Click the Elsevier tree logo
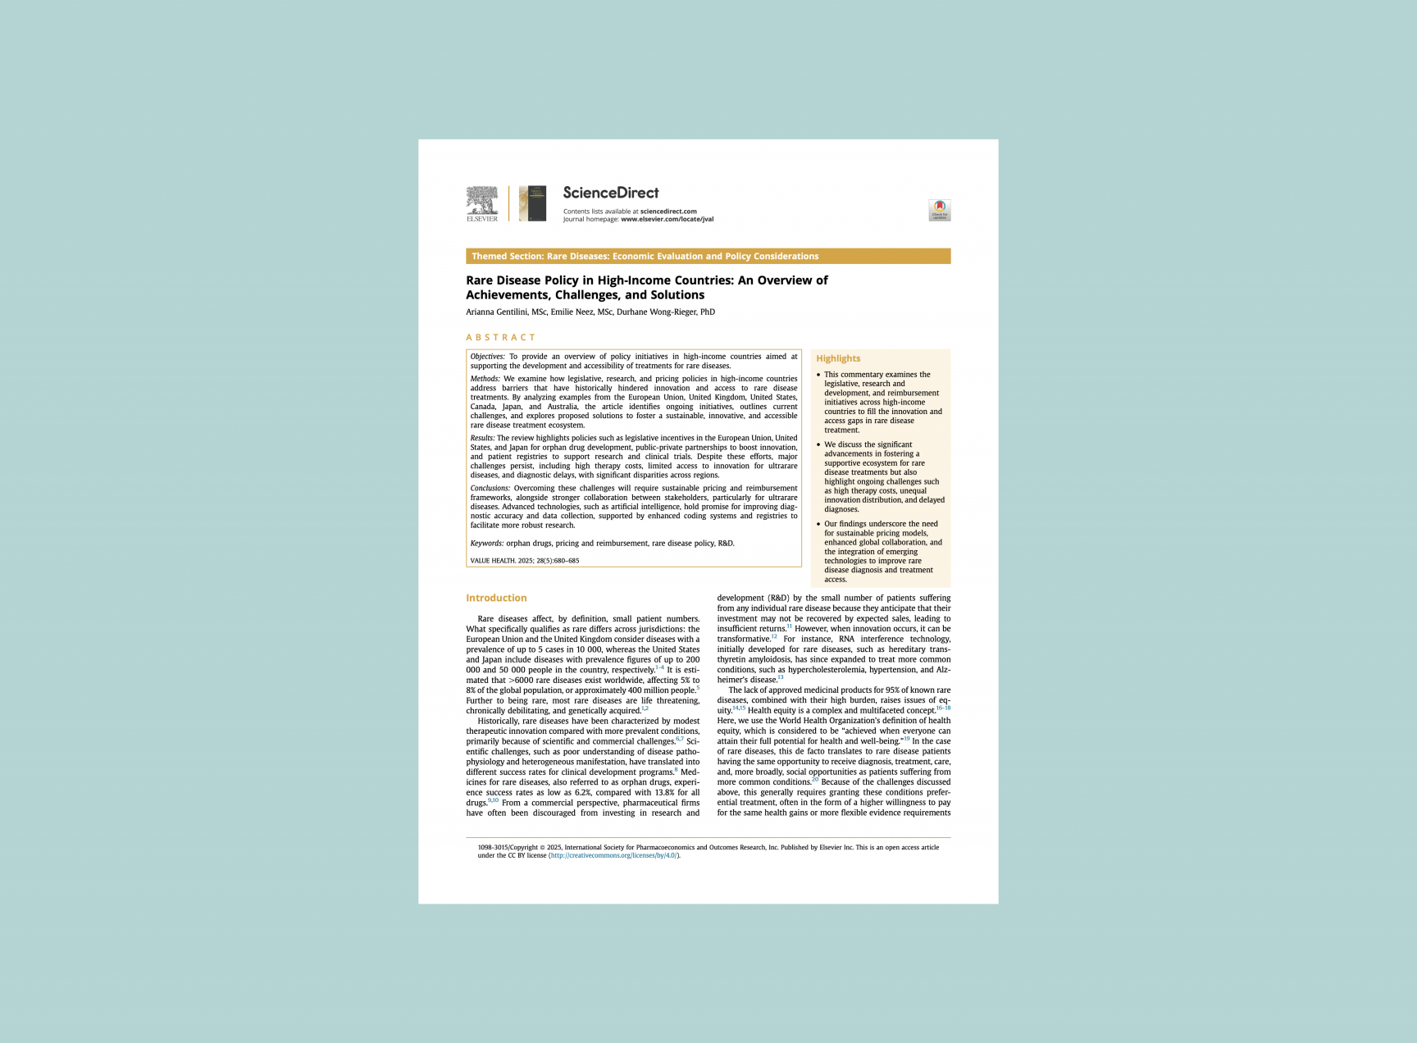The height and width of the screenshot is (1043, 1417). click(x=482, y=203)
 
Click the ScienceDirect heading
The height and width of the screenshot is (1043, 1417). click(x=610, y=193)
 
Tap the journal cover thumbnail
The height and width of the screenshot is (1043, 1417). click(x=532, y=203)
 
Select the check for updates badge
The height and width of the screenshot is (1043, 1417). click(x=939, y=210)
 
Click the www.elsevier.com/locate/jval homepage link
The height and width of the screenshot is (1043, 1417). click(x=667, y=219)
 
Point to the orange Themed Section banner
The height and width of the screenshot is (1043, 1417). click(x=708, y=257)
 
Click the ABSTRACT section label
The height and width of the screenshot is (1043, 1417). click(x=500, y=337)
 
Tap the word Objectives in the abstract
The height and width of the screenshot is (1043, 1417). click(x=487, y=357)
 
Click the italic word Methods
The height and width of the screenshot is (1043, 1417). click(x=485, y=379)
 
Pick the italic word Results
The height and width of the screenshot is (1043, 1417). click(x=482, y=438)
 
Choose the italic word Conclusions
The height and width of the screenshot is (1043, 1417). click(x=490, y=489)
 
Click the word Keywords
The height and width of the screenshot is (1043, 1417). click(x=486, y=544)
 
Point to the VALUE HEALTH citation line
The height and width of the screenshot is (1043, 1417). click(x=524, y=561)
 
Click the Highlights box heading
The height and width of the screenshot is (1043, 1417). click(x=838, y=358)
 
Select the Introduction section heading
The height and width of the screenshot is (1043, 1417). click(x=496, y=598)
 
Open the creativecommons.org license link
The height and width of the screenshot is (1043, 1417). click(x=613, y=855)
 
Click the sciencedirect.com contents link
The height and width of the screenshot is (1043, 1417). click(x=668, y=212)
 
